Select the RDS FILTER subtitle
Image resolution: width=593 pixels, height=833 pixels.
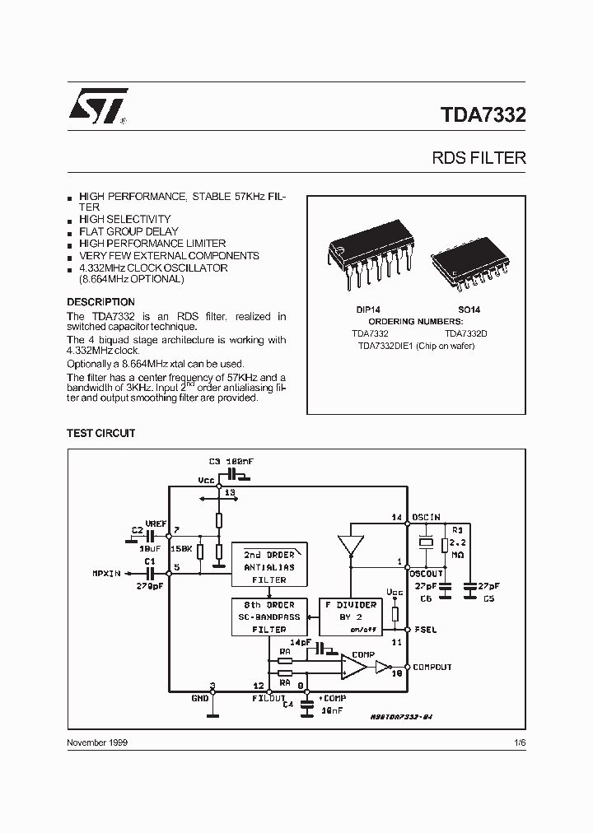click(479, 157)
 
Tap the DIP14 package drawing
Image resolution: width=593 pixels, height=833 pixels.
click(365, 256)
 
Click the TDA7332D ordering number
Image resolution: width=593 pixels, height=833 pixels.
click(467, 333)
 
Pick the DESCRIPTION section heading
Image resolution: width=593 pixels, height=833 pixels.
click(100, 302)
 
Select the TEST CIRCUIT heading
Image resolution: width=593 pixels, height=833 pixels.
click(100, 433)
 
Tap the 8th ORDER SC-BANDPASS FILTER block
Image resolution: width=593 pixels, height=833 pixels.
click(270, 617)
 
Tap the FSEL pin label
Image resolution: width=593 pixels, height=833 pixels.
click(424, 630)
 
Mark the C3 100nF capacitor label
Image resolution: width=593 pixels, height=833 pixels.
click(231, 462)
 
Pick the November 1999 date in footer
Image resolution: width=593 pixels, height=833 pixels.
click(96, 742)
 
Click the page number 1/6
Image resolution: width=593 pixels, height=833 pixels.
click(518, 742)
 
